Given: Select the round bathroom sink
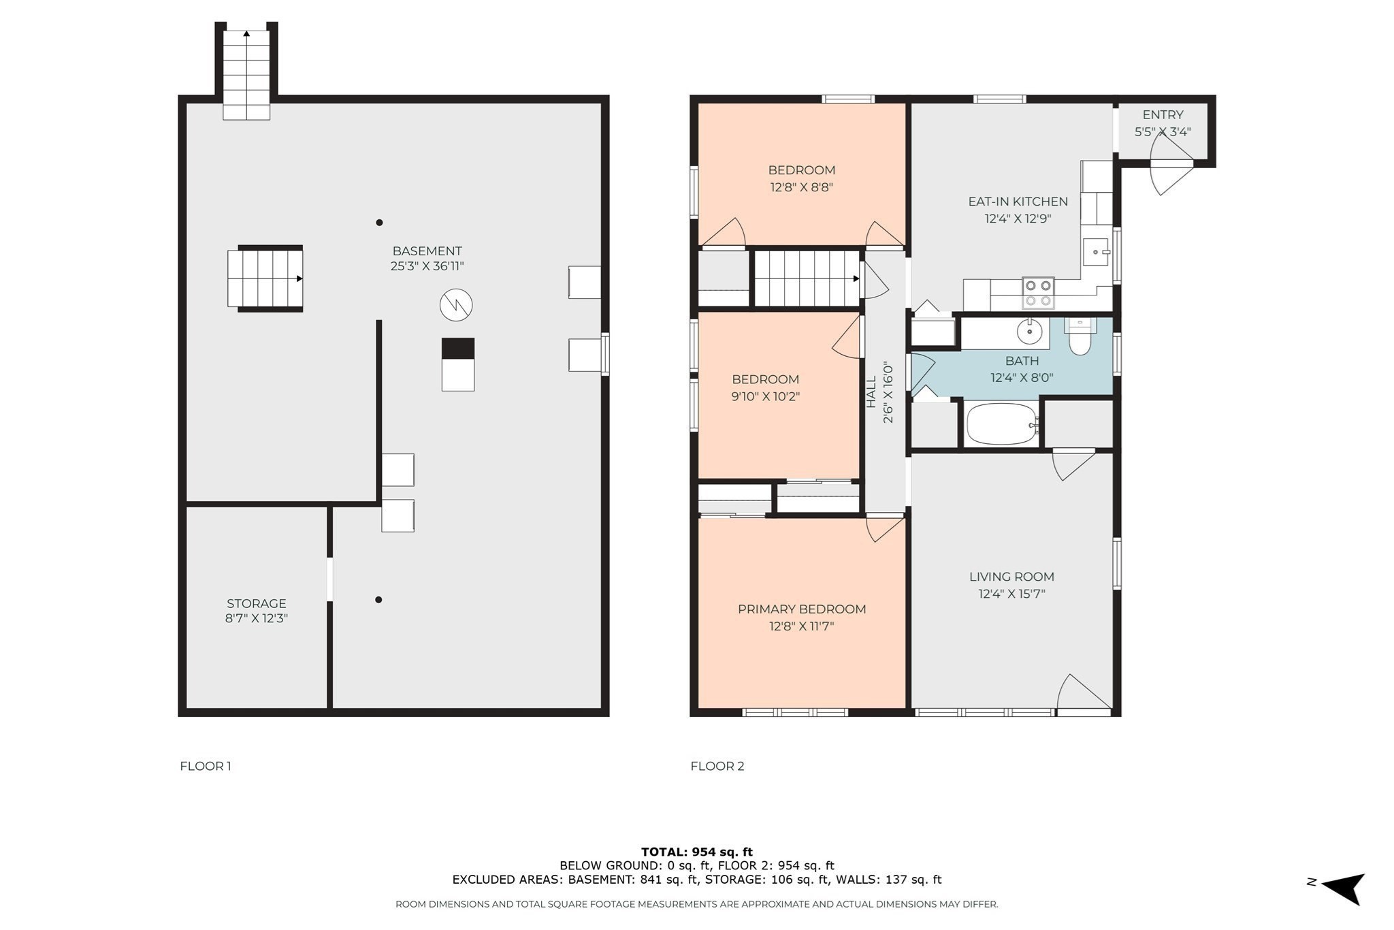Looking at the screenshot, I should coord(1029,332).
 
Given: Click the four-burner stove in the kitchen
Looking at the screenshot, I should coord(1038,293).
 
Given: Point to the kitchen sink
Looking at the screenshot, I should coord(1096,252).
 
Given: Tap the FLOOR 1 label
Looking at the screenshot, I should coord(206,766).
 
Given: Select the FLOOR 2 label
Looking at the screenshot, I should coord(717,766).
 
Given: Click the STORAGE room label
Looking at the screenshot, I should coord(257,603).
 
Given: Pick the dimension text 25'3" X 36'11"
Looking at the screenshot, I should coord(427,266).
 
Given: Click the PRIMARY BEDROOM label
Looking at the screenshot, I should coord(802,609).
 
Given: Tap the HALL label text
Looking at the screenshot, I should coord(871,392).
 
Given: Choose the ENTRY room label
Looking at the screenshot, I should coord(1163,115).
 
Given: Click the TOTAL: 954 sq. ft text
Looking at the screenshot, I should coord(697,852).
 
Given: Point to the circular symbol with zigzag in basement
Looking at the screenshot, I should coord(456,305).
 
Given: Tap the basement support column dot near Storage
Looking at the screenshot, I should coord(378,600).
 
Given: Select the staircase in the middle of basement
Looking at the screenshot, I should coord(265,278).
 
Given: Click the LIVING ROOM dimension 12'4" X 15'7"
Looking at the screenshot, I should coord(1011,594).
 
